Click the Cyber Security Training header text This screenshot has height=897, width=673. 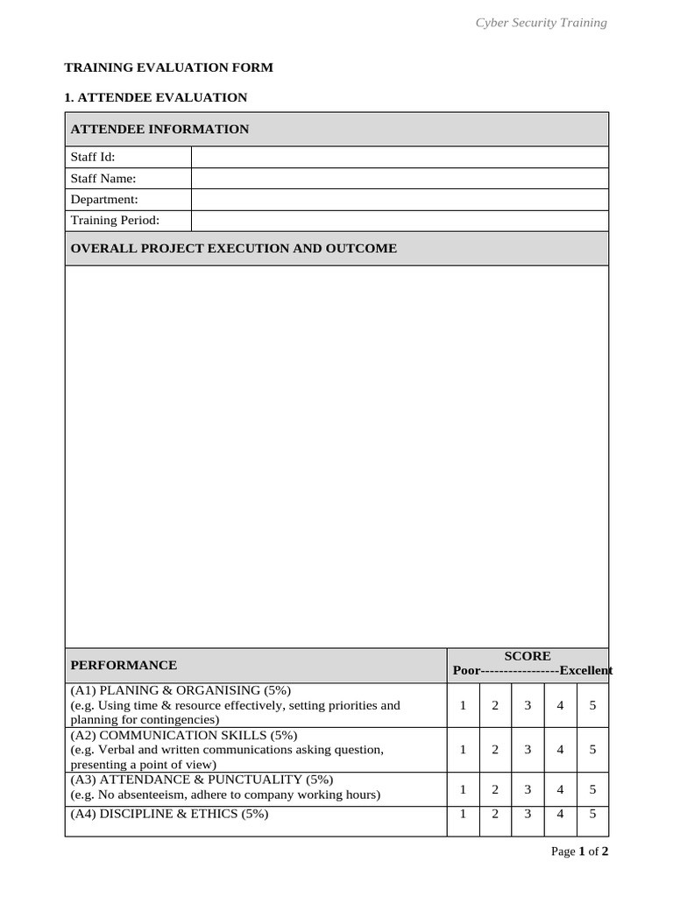[x=541, y=23]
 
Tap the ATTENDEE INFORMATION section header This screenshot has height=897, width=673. [x=159, y=129]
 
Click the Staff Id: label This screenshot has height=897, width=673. [x=93, y=158]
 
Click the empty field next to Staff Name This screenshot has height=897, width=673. [x=399, y=179]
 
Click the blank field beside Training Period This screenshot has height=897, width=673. [x=399, y=221]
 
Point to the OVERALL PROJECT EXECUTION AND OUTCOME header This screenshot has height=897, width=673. [x=233, y=249]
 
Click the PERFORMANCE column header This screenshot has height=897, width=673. [x=124, y=666]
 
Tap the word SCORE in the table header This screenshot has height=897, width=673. [x=528, y=656]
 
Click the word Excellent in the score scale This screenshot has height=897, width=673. [x=585, y=671]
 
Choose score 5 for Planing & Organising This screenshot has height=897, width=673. [x=592, y=705]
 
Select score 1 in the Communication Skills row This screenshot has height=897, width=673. [x=463, y=749]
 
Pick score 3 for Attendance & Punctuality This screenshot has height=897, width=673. [x=528, y=789]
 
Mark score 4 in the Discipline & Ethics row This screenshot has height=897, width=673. [x=560, y=814]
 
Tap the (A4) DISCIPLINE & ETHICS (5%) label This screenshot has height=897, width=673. [x=169, y=814]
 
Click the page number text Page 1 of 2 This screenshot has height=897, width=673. [x=579, y=851]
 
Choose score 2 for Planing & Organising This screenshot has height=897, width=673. [x=495, y=705]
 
